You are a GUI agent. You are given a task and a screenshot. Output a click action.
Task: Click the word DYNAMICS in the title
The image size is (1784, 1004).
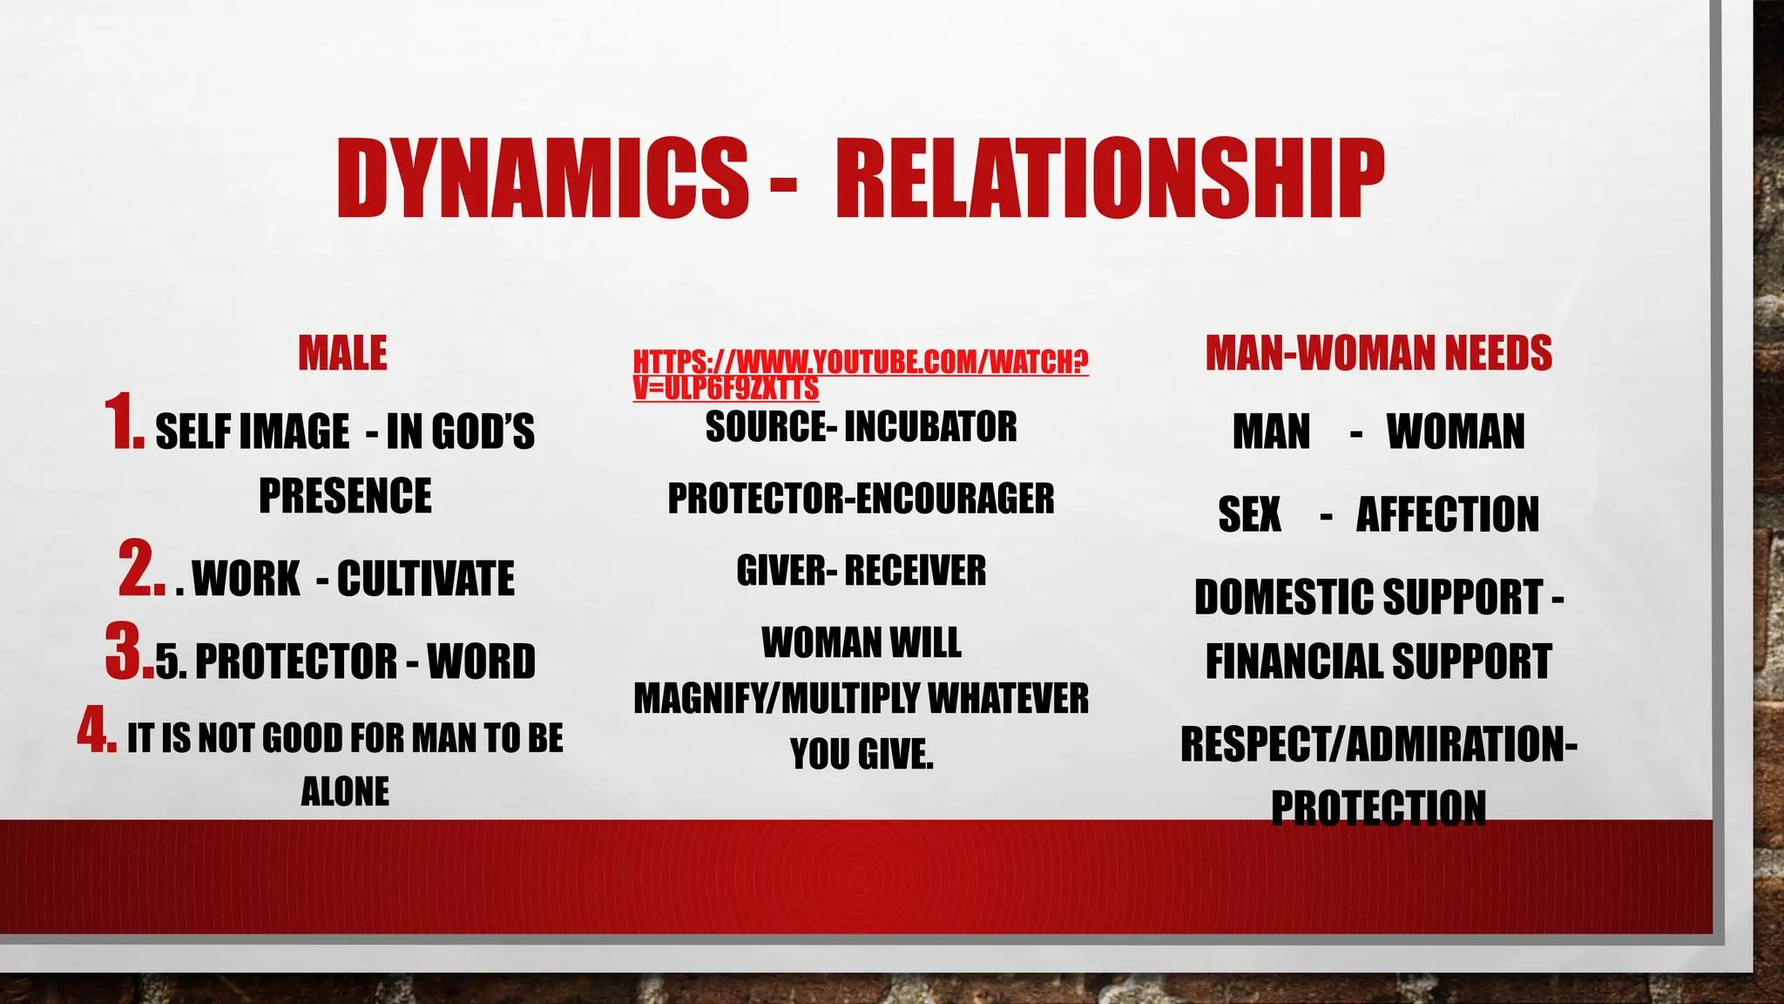[542, 179]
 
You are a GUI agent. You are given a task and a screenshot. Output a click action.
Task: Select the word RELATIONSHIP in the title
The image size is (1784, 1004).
[1109, 179]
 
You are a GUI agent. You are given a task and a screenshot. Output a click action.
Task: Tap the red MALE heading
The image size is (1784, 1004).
[342, 354]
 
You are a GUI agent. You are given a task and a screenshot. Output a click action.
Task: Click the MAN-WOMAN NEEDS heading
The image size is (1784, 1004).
[1378, 354]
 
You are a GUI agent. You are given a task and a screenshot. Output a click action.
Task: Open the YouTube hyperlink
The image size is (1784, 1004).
[860, 374]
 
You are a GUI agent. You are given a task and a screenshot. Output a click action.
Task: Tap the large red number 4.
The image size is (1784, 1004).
[96, 729]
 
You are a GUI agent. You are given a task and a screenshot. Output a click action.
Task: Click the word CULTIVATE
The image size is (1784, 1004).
[426, 579]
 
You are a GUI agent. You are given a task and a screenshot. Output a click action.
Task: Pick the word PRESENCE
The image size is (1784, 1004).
[345, 496]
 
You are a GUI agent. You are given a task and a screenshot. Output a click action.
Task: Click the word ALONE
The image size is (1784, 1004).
[345, 792]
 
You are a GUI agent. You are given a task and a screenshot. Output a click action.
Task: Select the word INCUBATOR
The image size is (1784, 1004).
[930, 427]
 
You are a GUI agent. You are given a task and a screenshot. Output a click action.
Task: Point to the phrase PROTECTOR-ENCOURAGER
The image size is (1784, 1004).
[861, 499]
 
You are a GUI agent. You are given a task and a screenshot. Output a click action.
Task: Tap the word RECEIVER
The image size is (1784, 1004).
[915, 571]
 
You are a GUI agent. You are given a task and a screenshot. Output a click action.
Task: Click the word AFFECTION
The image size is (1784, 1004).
[1447, 514]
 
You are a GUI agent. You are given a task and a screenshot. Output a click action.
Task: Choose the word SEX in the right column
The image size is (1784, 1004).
[1249, 514]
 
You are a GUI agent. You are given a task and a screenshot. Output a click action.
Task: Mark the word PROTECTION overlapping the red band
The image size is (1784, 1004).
[1378, 808]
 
